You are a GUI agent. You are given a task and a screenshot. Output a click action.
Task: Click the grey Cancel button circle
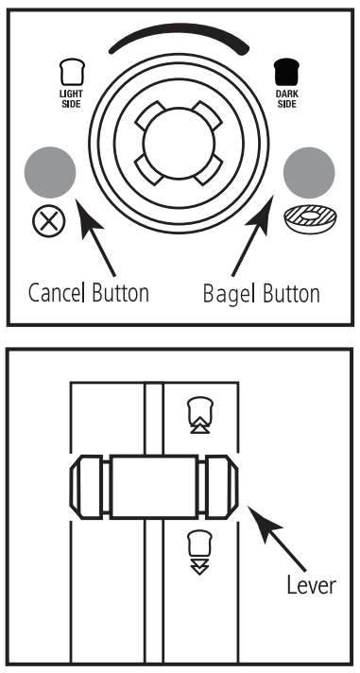pos(50,173)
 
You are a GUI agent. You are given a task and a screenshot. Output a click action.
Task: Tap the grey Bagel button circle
pos(309,173)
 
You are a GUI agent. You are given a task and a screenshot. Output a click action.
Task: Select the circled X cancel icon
pos(49,221)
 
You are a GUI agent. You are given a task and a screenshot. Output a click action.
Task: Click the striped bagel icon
pos(310,219)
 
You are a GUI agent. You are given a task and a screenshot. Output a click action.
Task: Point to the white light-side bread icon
pos(72,72)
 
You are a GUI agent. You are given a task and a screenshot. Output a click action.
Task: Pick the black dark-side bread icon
pos(286,72)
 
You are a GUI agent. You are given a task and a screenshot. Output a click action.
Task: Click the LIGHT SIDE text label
pos(71,98)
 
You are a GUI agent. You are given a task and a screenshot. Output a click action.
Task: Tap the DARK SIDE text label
pos(286,98)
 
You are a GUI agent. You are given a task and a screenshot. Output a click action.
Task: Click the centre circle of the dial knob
pos(179,143)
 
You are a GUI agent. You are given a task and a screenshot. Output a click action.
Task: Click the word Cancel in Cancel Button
pos(55,293)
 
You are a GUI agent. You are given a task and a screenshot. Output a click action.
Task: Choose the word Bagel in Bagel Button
pos(229,294)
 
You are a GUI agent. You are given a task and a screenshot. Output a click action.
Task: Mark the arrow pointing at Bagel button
pos(253,235)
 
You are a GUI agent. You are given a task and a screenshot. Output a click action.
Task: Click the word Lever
pos(312,584)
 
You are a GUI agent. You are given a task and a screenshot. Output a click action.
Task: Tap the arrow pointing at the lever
pos(277,539)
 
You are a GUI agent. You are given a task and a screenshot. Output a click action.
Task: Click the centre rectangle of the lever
pos(154,487)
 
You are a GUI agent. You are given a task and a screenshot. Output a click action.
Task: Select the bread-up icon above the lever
pos(200,416)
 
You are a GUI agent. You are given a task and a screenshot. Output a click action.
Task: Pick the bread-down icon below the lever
pos(200,552)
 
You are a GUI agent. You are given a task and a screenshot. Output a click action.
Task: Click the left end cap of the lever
pos(86,487)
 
